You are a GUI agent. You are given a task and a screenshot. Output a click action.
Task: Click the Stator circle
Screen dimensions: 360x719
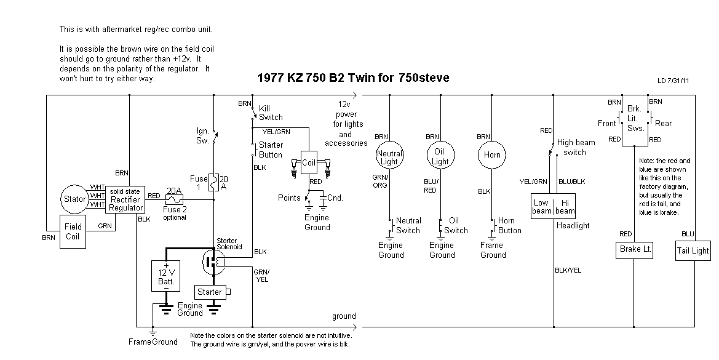coord(76,199)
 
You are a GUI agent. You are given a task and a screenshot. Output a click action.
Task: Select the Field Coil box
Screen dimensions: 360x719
coord(73,231)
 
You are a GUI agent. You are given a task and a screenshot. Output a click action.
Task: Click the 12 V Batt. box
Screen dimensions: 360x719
coord(166,274)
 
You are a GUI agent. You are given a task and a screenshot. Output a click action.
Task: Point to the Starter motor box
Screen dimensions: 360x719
coord(210,292)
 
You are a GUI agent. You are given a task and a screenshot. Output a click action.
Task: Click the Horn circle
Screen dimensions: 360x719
coord(492,155)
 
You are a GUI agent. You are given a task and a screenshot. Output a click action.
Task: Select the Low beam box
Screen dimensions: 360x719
coord(542,206)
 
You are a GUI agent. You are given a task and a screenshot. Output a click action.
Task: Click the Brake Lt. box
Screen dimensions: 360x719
coord(634,250)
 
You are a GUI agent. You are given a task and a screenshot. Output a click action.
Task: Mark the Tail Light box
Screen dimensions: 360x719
coord(693,250)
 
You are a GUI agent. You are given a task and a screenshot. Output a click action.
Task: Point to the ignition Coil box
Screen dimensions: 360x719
coord(308,162)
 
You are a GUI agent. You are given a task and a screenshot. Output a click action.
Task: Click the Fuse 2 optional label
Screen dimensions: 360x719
coord(175,214)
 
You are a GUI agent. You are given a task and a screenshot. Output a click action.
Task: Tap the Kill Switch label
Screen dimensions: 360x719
coord(271,113)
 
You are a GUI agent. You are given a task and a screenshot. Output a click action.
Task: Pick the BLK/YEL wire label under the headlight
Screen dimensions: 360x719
coord(568,270)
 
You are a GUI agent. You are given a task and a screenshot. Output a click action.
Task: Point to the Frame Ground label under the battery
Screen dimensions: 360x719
coord(153,342)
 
